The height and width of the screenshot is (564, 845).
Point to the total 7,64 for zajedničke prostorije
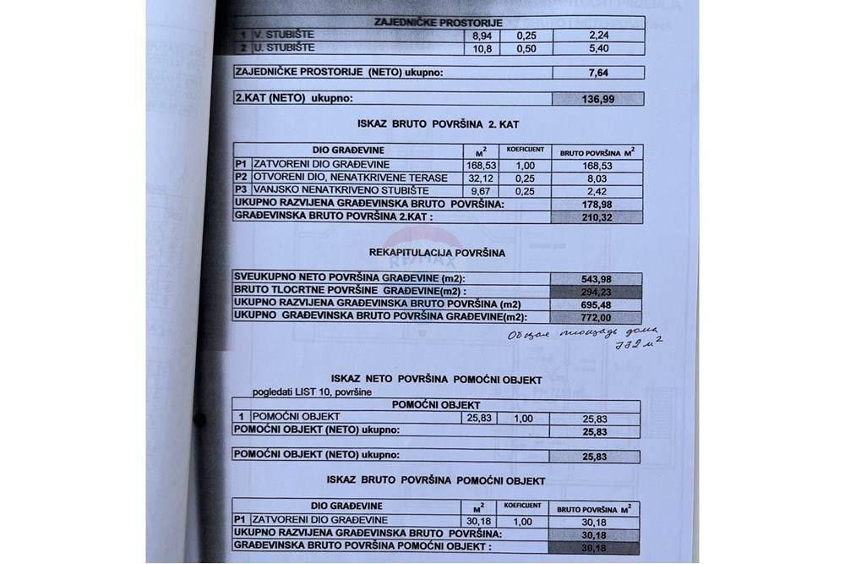pos(597,73)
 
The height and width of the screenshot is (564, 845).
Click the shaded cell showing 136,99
pos(597,99)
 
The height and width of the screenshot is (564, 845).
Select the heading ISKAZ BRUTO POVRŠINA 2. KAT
pos(437,123)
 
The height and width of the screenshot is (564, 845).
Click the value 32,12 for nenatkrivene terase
pos(480,178)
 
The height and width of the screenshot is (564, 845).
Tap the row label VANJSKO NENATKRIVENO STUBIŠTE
pos(325,191)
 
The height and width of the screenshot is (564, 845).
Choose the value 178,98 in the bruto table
pos(597,204)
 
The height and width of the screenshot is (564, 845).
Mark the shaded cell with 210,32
pos(597,216)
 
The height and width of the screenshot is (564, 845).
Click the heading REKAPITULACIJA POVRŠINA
pos(437,252)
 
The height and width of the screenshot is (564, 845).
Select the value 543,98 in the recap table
pos(597,278)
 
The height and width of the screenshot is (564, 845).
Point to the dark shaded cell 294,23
pos(597,291)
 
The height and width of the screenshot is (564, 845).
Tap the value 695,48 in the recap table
pos(597,304)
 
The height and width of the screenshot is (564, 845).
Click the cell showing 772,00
pos(597,317)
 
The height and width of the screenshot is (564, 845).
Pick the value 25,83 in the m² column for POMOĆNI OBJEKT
pos(478,418)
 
